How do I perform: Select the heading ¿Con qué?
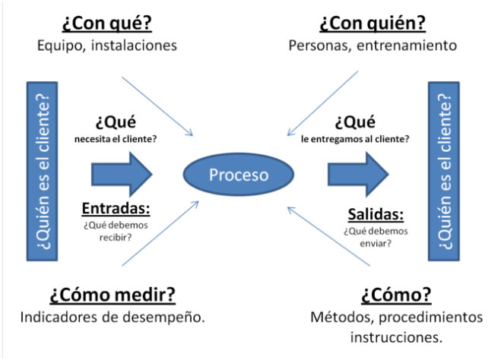point(107,23)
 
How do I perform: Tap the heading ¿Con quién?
point(372,23)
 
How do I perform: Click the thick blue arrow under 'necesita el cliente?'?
point(122,174)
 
